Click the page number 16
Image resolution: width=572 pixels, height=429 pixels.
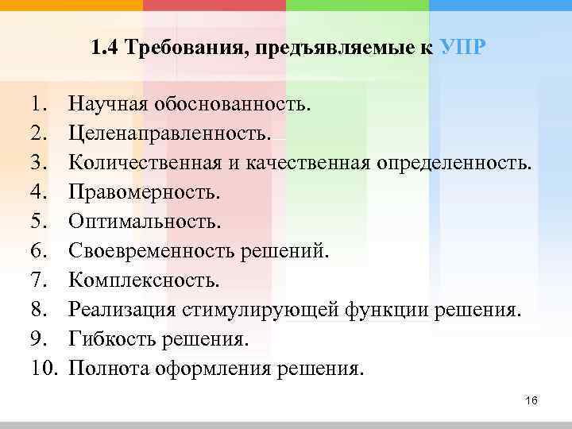[x=531, y=402]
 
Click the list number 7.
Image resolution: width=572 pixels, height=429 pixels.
[x=40, y=280]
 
